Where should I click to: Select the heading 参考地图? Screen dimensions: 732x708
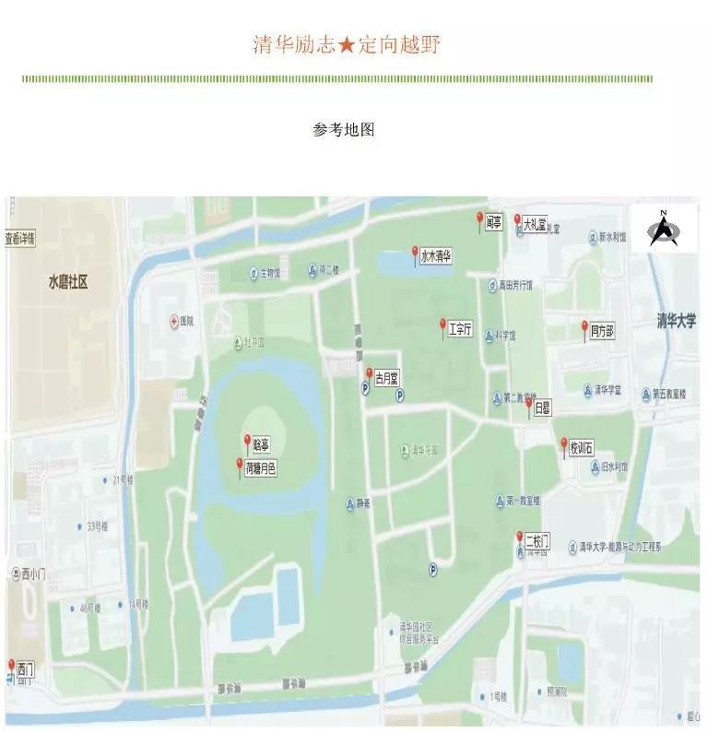click(344, 130)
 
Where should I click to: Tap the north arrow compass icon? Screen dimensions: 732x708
click(662, 229)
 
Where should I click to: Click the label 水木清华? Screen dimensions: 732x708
click(436, 257)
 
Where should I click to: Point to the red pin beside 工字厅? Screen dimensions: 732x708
click(443, 325)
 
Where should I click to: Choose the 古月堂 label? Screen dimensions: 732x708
click(386, 378)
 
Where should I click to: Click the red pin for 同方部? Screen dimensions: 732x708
click(584, 327)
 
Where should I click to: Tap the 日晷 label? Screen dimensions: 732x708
click(543, 407)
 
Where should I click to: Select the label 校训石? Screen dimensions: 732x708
click(582, 449)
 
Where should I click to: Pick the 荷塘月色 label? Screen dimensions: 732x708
click(261, 468)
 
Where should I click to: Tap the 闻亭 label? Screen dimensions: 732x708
click(494, 222)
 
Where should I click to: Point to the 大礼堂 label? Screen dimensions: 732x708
click(536, 223)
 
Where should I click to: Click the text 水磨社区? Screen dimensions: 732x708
click(67, 282)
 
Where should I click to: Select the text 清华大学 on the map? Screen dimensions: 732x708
click(677, 321)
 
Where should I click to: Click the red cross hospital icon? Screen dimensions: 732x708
click(173, 321)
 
